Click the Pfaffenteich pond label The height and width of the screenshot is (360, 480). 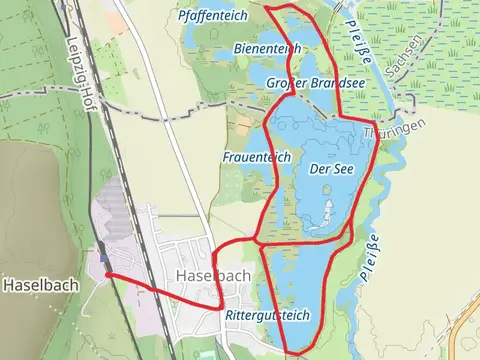pos(211,16)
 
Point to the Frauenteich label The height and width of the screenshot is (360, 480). pos(255,157)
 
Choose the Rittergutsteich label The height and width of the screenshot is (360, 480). pos(267,315)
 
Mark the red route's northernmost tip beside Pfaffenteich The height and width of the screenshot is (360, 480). pos(268,7)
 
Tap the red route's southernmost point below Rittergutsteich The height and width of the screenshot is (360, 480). pos(291,352)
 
